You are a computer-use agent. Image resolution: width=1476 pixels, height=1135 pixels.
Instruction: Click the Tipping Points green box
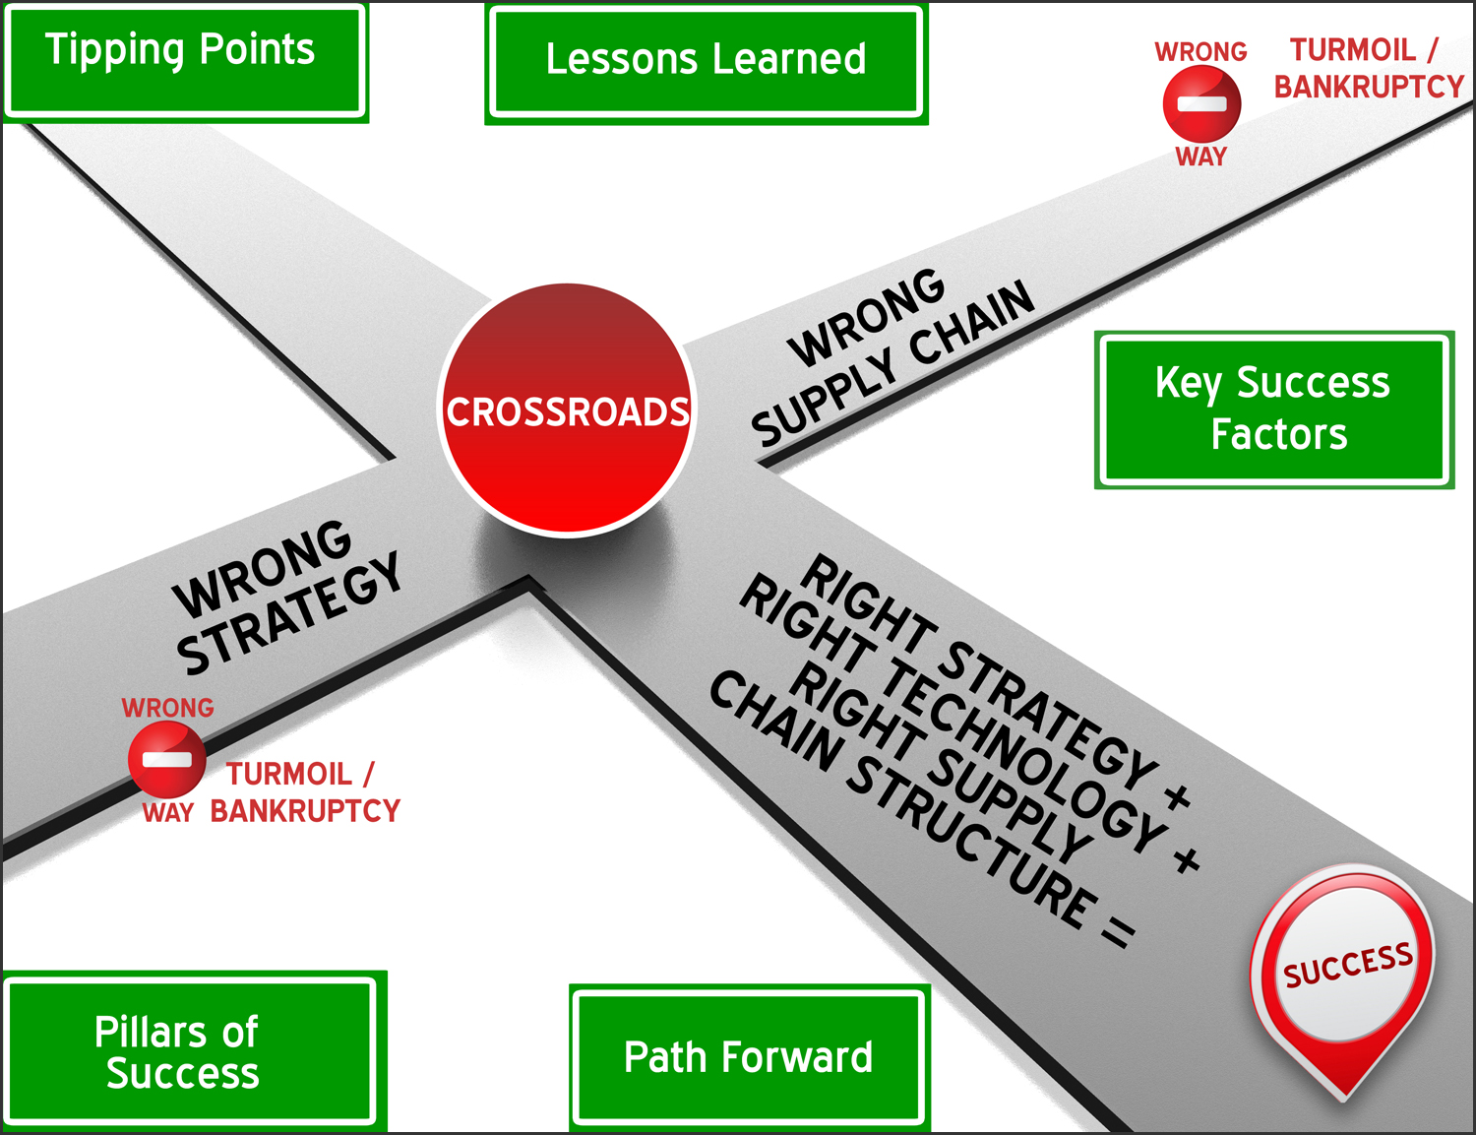pyautogui.click(x=185, y=61)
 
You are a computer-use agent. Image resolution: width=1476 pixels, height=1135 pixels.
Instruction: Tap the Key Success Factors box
pyautogui.click(x=1273, y=409)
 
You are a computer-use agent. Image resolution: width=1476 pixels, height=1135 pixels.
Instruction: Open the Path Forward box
pyautogui.click(x=749, y=1057)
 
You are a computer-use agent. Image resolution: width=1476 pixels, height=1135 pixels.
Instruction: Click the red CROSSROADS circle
pyautogui.click(x=568, y=410)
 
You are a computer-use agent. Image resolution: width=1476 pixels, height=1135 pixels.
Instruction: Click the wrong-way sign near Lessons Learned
pyautogui.click(x=1201, y=103)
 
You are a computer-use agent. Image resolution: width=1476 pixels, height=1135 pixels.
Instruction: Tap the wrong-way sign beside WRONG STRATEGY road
pyautogui.click(x=167, y=759)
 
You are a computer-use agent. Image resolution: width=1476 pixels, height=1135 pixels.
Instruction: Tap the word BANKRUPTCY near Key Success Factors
pyautogui.click(x=1369, y=87)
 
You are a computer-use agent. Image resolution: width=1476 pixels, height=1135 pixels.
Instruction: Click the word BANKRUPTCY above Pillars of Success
pyautogui.click(x=305, y=811)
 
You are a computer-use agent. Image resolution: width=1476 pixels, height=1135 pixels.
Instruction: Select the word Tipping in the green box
pyautogui.click(x=114, y=50)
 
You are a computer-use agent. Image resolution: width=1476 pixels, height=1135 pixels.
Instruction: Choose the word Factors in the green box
pyautogui.click(x=1278, y=434)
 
